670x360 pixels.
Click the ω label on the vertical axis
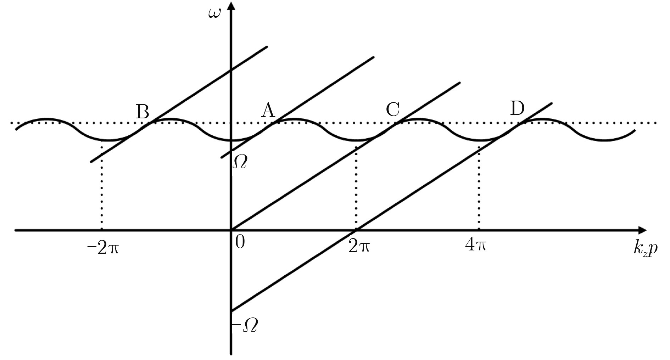(214, 14)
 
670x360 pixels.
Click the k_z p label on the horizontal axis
(645, 249)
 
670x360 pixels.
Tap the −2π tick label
(103, 248)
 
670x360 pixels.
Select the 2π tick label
(359, 246)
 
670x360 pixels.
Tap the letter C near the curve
(393, 109)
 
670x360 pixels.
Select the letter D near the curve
(517, 108)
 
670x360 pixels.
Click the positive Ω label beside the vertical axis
(240, 162)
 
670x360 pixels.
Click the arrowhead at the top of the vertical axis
(231, 6)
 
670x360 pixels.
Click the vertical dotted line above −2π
(102, 185)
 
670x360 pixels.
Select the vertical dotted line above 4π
(479, 188)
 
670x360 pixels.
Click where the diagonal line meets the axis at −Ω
(231, 311)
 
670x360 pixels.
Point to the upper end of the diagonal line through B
(267, 46)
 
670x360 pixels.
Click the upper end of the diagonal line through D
(552, 103)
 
